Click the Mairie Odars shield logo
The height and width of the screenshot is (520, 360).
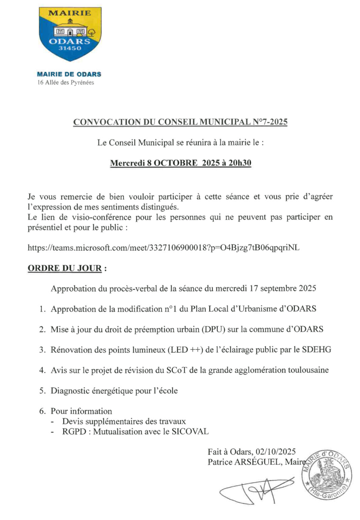[70, 34]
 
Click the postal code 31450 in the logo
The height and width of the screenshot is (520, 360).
[70, 48]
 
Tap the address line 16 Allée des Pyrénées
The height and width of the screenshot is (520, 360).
[66, 82]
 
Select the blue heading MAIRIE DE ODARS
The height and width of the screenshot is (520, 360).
[69, 74]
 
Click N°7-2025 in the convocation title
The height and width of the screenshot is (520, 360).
[270, 122]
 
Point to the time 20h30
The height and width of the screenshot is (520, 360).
[240, 163]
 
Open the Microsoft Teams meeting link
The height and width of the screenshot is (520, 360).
[163, 248]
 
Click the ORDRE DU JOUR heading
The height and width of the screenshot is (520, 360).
[65, 268]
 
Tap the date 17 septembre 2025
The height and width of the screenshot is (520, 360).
[283, 288]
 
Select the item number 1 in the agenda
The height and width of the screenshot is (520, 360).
[42, 309]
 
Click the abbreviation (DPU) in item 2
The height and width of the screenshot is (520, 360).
[213, 329]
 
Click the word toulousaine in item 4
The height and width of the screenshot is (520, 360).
[308, 370]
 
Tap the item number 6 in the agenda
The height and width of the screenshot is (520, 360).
[42, 411]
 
